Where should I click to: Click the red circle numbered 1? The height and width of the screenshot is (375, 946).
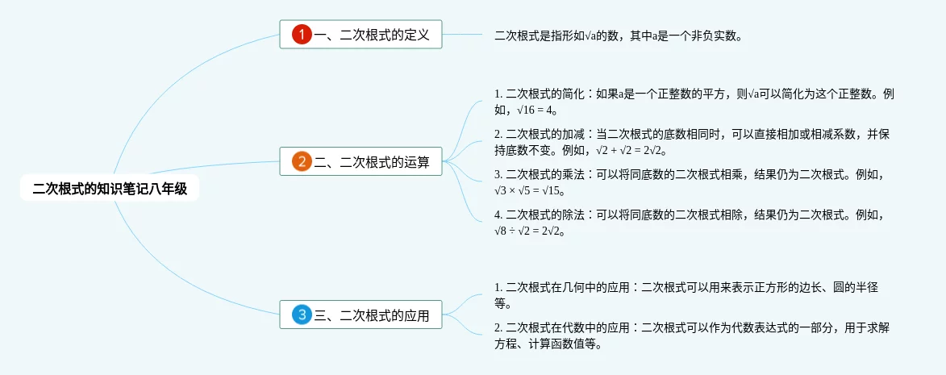pyautogui.click(x=302, y=35)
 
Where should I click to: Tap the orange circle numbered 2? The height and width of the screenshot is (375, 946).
pyautogui.click(x=302, y=161)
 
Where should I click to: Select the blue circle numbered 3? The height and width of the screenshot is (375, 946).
pyautogui.click(x=302, y=315)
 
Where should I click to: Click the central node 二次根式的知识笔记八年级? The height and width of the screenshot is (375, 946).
pyautogui.click(x=110, y=189)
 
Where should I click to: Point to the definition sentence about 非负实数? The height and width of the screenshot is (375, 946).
pyautogui.click(x=618, y=35)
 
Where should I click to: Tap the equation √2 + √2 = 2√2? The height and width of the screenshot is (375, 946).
pyautogui.click(x=631, y=151)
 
